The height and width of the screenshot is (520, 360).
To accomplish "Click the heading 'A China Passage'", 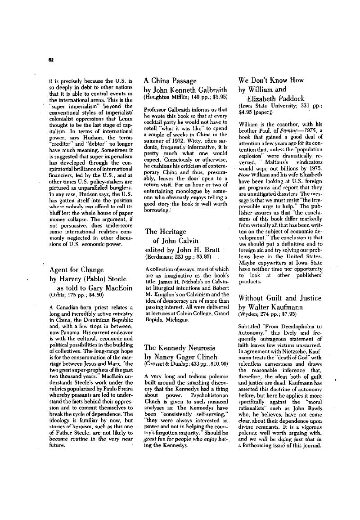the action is [x=170, y=81].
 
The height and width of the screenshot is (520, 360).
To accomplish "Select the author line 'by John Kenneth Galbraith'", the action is [x=185, y=90].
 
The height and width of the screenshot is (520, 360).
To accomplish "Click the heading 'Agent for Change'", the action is [x=76, y=270].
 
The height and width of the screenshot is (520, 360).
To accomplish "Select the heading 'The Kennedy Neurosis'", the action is [x=179, y=347].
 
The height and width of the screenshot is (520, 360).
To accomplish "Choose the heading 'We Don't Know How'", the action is [x=271, y=81].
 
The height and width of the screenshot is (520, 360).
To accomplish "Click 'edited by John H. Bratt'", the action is [x=182, y=250].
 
